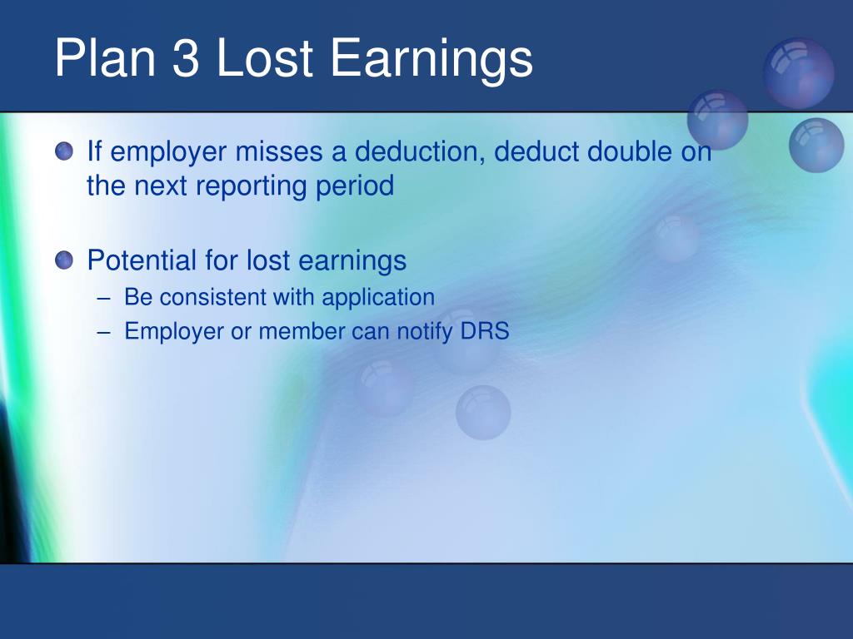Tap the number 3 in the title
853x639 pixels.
pos(186,57)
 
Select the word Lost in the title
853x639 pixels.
pos(264,57)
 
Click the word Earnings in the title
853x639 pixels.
pos(431,62)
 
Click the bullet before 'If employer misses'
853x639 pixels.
pos(64,151)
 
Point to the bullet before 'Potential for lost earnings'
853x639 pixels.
pos(64,260)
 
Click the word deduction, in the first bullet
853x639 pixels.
pos(420,151)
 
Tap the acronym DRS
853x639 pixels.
pos(485,331)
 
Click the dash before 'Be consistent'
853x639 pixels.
pos(104,299)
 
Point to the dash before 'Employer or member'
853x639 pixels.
pos(104,332)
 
